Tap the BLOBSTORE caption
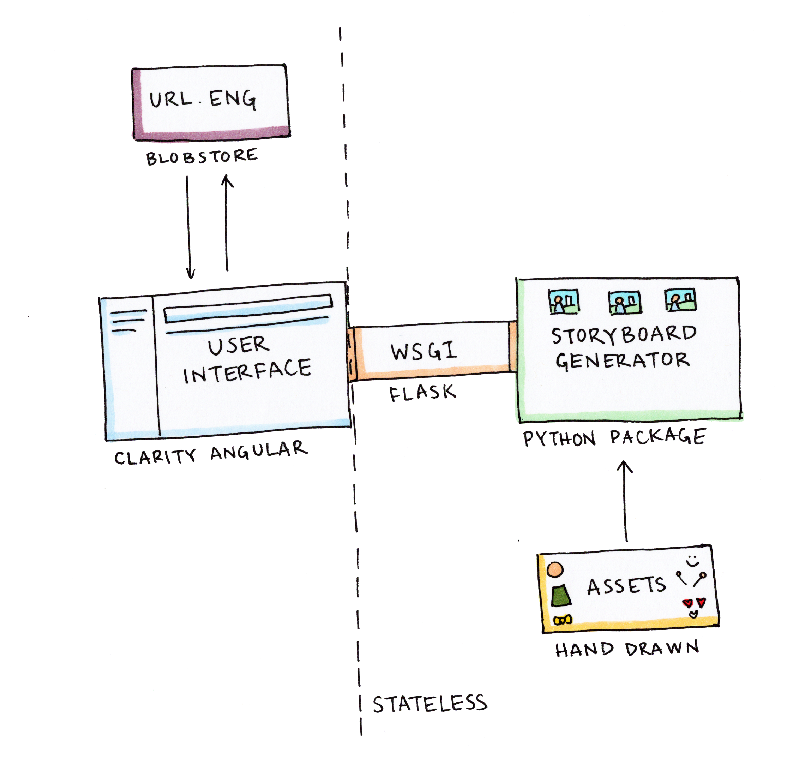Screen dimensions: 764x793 [202, 157]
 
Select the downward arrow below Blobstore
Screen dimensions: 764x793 [188, 227]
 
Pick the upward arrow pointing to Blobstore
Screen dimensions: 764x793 [227, 222]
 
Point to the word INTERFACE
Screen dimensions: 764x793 [247, 371]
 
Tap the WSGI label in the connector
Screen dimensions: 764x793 [423, 351]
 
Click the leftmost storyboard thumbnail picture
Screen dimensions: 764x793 [564, 302]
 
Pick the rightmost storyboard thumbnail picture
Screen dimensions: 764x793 [680, 300]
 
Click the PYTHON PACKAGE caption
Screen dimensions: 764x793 [614, 437]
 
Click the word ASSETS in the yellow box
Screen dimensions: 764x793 [626, 586]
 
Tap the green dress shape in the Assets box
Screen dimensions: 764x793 [561, 596]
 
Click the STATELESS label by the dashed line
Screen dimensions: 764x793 [430, 704]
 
